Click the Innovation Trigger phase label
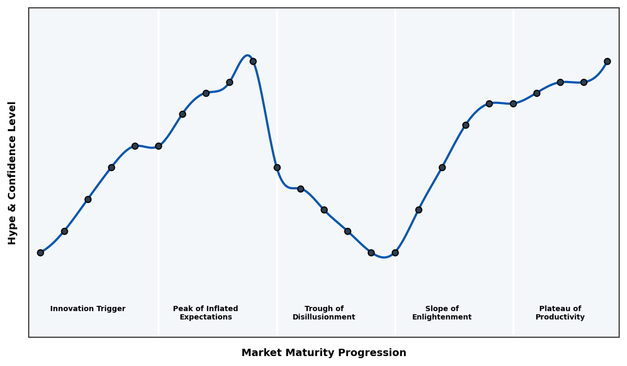[88, 309]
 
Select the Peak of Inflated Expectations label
[205, 313]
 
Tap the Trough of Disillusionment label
[323, 313]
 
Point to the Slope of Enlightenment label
[442, 313]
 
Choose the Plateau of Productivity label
[560, 313]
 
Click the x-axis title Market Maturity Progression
[323, 353]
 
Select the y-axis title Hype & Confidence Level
[13, 173]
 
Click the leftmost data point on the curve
[40, 253]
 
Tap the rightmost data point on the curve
[607, 61]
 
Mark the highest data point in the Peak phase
[253, 61]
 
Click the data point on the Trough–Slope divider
[395, 253]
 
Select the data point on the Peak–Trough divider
[277, 167]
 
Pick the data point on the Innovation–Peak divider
[158, 146]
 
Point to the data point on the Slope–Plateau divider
[513, 104]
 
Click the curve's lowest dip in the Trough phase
[384, 257]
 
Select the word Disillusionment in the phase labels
[323, 317]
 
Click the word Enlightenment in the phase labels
[442, 317]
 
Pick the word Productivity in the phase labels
[560, 317]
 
